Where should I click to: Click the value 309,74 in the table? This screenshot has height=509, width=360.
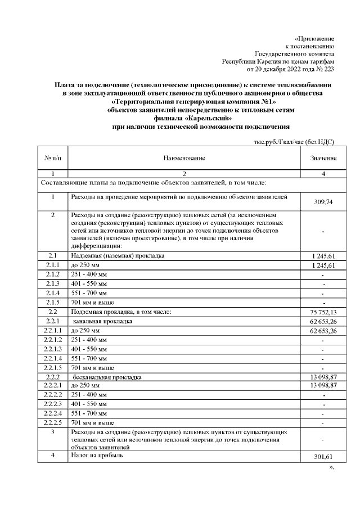(323, 202)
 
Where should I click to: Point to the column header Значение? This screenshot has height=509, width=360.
(323, 159)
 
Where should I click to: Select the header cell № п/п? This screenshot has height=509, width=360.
(52, 159)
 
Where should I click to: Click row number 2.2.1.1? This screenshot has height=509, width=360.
(52, 331)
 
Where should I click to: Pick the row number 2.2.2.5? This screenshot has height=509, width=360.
(52, 422)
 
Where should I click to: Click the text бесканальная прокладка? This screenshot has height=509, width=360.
(106, 376)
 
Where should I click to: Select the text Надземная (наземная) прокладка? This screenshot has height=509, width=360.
(116, 256)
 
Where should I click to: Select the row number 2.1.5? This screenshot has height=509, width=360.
(52, 303)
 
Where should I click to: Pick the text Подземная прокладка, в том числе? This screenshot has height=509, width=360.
(119, 312)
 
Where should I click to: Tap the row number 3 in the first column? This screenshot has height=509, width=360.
(52, 432)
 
